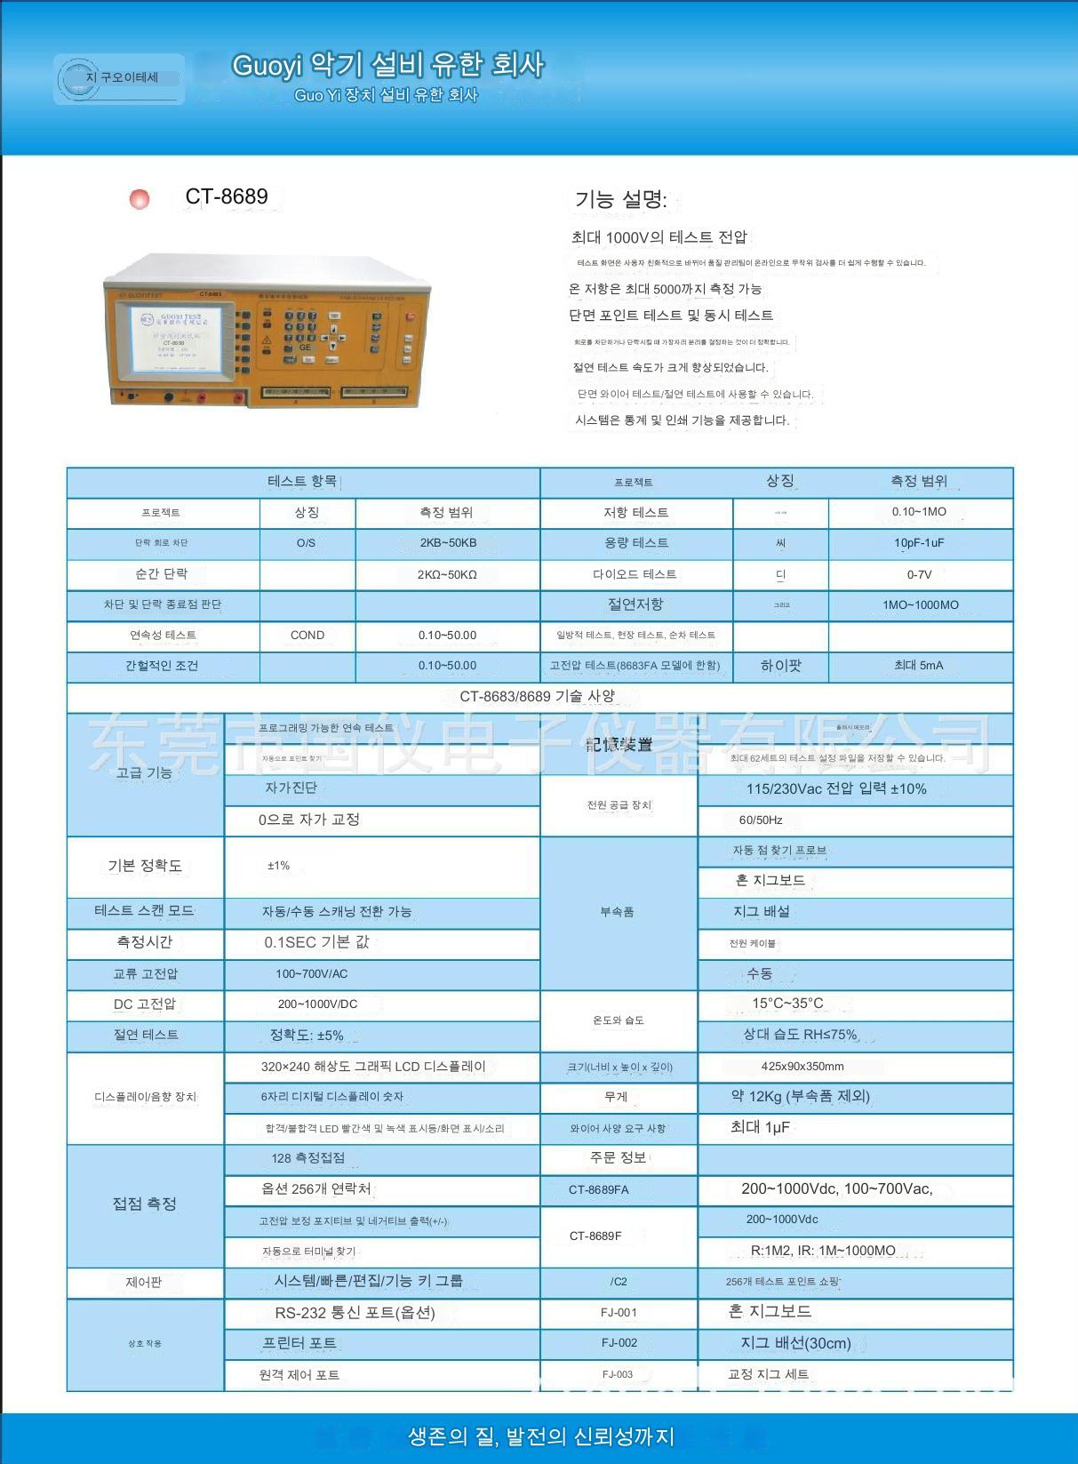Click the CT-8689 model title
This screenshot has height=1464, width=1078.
pos(227,196)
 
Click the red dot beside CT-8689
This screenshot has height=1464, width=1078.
pos(140,199)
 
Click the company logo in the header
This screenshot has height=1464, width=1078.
pos(119,79)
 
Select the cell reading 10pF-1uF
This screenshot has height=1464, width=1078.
pos(919,543)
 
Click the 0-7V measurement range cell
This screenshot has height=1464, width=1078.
pos(919,574)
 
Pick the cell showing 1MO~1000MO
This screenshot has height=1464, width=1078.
pos(920,604)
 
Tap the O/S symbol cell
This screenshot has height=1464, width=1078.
pos(306,543)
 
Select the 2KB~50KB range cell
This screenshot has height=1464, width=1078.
pos(448,543)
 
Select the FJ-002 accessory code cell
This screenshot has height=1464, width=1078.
pos(619,1343)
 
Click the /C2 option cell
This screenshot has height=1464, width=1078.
pos(619,1282)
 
